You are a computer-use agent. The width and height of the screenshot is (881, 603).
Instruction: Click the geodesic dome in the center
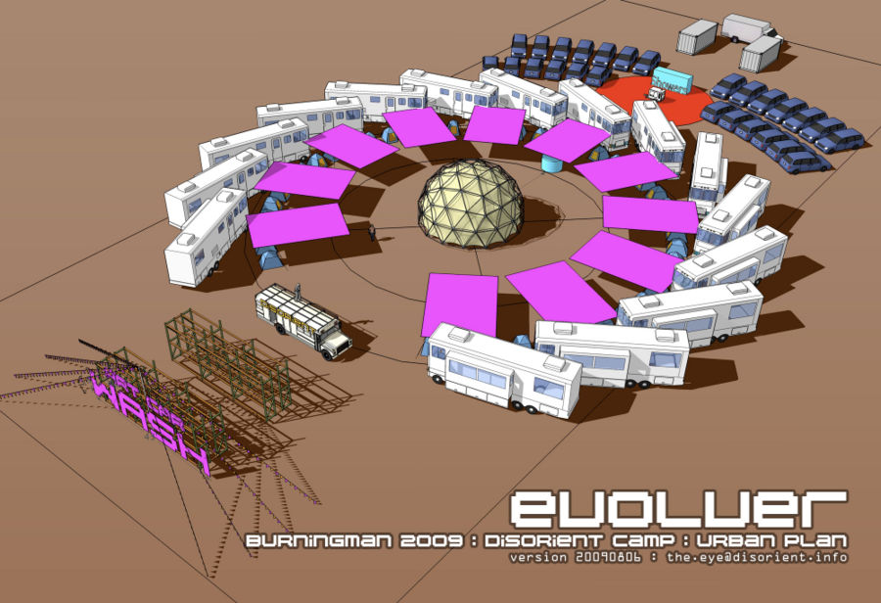470,203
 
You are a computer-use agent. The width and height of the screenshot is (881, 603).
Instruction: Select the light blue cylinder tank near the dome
553,161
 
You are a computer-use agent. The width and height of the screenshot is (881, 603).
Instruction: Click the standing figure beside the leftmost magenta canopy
372,233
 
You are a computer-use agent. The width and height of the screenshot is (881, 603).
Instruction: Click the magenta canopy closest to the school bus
298,225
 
